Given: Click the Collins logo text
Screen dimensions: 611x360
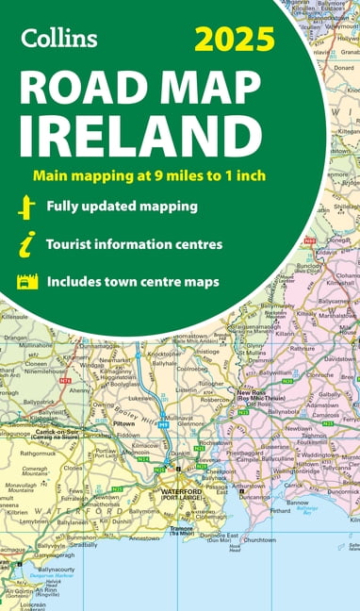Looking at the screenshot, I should pos(58,37).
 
